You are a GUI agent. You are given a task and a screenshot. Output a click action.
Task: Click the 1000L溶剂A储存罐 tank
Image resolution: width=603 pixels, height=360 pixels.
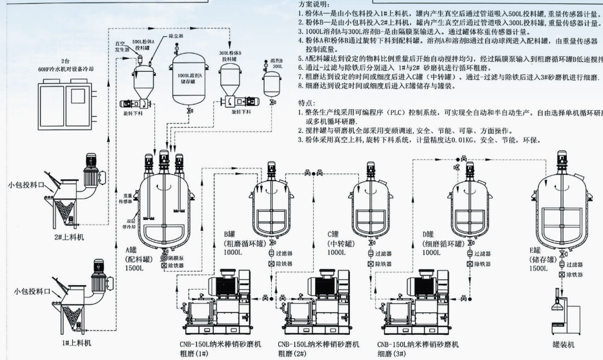(x=189, y=77)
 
